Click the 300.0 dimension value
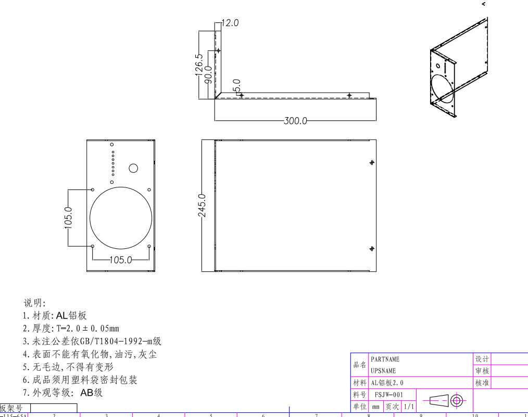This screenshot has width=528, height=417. coord(295,121)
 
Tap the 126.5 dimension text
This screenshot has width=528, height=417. coord(198,65)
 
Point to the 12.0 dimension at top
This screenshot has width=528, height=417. coord(230,23)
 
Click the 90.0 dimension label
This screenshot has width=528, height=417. coord(208,75)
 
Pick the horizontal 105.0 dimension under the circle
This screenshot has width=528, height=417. coord(120,260)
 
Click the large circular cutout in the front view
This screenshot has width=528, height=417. coord(121,218)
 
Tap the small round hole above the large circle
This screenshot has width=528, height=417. coord(133,168)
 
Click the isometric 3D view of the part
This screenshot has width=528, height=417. coord(458,68)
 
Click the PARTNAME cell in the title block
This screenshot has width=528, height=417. coord(385,359)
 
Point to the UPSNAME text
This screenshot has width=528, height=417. coord(383,371)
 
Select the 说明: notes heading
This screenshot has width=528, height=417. coord(35,302)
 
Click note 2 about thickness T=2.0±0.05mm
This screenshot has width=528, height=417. coord(71,328)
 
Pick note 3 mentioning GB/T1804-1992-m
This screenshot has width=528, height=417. coord(92,341)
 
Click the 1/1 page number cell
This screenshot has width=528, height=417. coord(409,407)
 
